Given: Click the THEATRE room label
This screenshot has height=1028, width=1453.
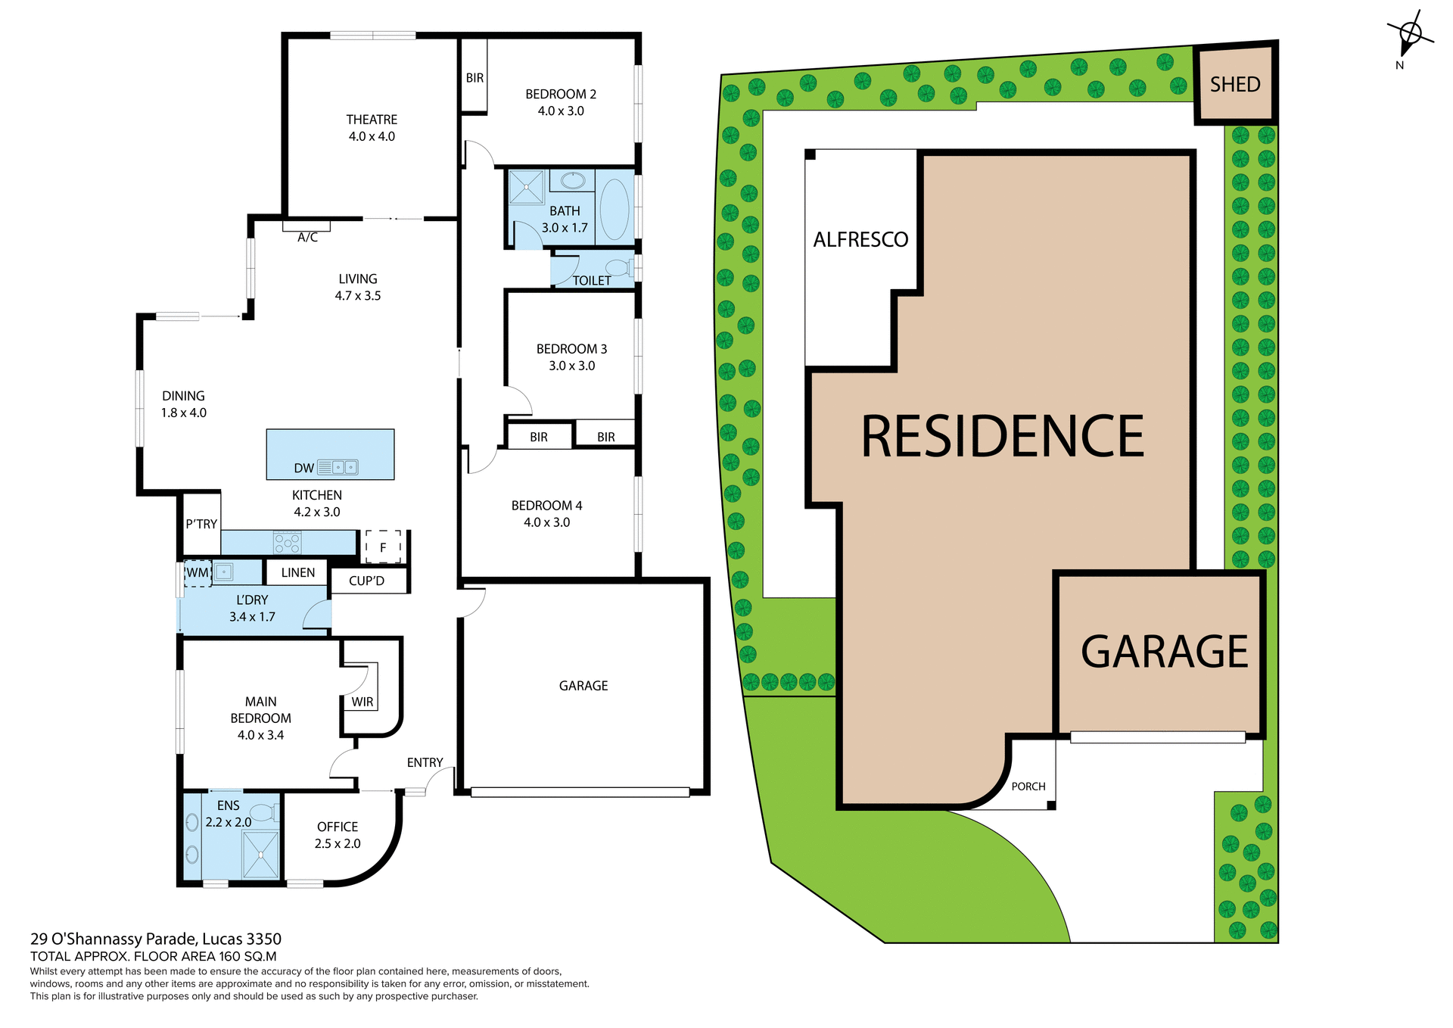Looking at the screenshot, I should click(372, 120).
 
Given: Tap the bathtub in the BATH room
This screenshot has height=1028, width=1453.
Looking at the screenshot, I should click(614, 209).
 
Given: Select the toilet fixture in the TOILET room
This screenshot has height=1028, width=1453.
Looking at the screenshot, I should click(620, 267).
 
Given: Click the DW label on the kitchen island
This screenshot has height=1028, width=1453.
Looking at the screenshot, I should click(303, 468).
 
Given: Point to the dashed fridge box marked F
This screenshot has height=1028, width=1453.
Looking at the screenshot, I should click(383, 547).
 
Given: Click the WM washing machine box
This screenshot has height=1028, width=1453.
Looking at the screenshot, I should click(198, 572).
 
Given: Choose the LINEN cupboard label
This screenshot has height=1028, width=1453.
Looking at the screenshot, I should click(297, 572).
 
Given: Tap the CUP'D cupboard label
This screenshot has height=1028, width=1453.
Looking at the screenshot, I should click(366, 581).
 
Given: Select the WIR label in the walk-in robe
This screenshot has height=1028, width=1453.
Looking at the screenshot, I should click(362, 702).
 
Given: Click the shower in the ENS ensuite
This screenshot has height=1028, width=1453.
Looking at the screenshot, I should click(261, 855).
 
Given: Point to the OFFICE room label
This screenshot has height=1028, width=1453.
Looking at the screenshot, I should click(338, 827).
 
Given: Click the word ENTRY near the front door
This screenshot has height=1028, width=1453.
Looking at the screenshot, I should click(425, 762).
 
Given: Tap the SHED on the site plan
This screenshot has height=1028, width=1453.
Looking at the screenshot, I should click(1235, 84).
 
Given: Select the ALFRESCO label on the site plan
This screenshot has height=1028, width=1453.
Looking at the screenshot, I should click(860, 239).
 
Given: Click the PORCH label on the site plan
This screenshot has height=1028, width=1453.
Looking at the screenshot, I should click(1028, 787).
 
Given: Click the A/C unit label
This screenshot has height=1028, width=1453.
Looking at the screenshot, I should click(307, 237).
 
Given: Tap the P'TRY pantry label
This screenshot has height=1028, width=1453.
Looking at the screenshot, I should click(201, 524).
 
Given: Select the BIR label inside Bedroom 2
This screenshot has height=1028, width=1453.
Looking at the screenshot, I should click(474, 77).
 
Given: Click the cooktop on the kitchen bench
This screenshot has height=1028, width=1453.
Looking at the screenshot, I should click(288, 543).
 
